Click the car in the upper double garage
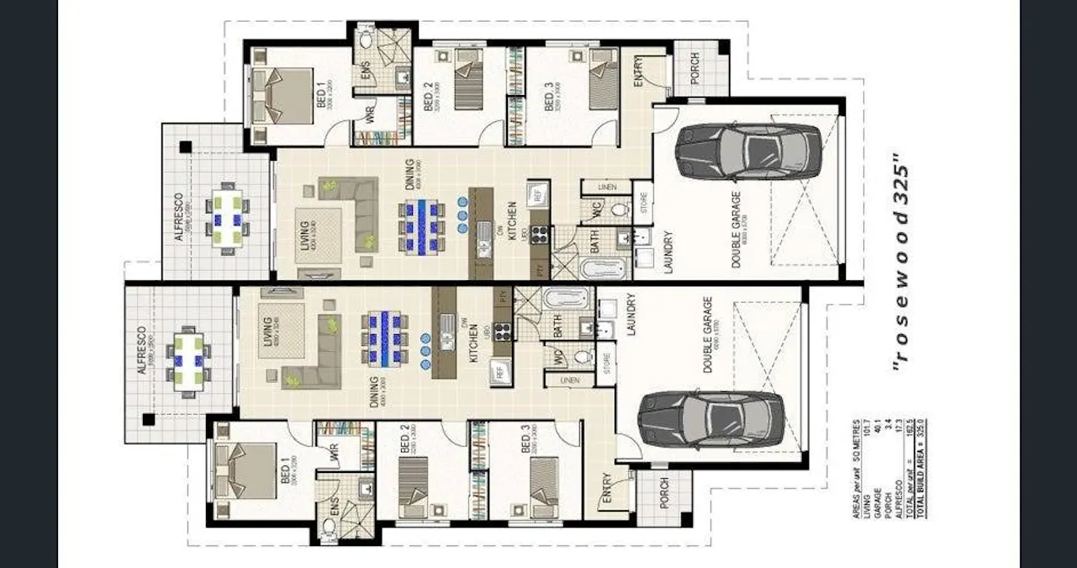pyautogui.click(x=747, y=151)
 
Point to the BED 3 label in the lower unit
pyautogui.click(x=525, y=440)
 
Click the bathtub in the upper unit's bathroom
pyautogui.click(x=603, y=269)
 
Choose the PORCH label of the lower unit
pyautogui.click(x=664, y=493)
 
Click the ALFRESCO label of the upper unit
pyautogui.click(x=178, y=216)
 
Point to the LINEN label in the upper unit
pyautogui.click(x=609, y=187)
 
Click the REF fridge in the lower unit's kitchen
pyautogui.click(x=499, y=369)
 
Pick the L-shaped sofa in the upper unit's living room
pyautogui.click(x=357, y=212)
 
